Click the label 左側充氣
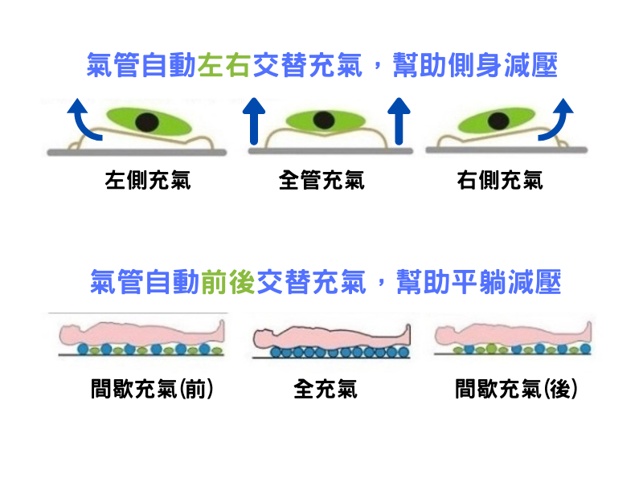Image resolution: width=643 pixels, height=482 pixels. (x=148, y=180)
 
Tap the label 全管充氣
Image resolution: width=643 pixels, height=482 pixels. (x=321, y=180)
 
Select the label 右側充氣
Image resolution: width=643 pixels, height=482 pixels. (x=499, y=180)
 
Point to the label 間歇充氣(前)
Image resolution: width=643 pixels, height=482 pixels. (x=152, y=390)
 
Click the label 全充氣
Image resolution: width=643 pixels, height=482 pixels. (x=326, y=390)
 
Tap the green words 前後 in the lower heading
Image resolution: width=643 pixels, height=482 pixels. (x=228, y=283)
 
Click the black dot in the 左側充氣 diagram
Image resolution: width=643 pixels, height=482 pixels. (x=146, y=122)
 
